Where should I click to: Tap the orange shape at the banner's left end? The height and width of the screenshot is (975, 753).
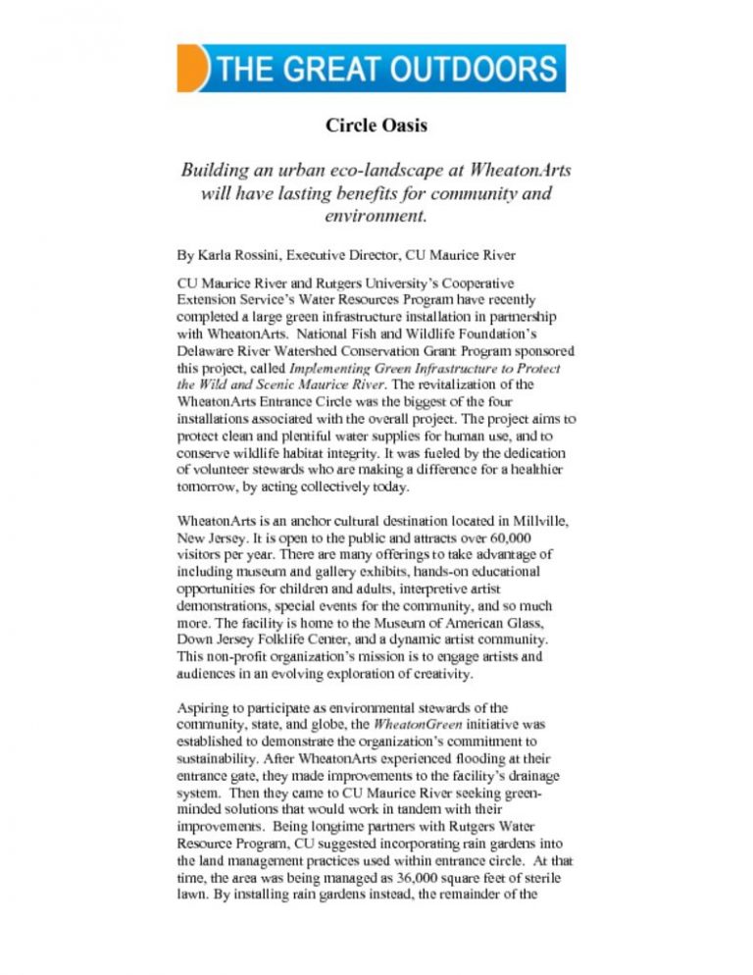191,69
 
